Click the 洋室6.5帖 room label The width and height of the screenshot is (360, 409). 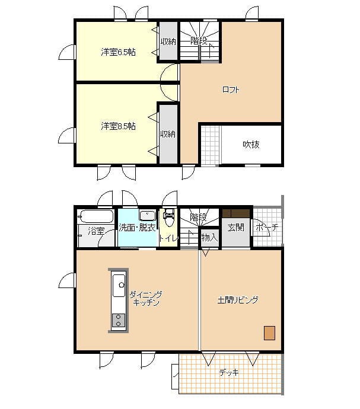[x=118, y=52]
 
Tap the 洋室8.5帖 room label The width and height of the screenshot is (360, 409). [x=118, y=126]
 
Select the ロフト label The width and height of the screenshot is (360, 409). [x=231, y=90]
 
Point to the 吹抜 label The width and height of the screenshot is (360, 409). [x=251, y=144]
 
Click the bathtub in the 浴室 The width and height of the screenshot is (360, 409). [x=97, y=216]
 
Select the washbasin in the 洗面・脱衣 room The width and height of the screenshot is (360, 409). [x=148, y=215]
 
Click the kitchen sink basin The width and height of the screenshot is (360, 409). [x=119, y=285]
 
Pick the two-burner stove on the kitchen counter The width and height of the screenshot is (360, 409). [x=119, y=321]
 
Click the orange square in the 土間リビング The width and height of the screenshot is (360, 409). [x=269, y=333]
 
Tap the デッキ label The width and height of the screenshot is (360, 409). [x=229, y=372]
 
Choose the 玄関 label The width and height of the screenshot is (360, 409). [x=235, y=228]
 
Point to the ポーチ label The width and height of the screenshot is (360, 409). [x=267, y=227]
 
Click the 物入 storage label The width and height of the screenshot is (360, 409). [x=209, y=238]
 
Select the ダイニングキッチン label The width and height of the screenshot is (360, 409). [x=146, y=299]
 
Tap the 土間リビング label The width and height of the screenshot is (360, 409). [x=238, y=300]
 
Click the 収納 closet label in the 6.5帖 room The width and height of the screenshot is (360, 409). [x=168, y=41]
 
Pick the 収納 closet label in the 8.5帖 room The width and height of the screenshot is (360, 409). [x=168, y=134]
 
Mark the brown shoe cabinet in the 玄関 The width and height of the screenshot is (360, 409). [x=236, y=213]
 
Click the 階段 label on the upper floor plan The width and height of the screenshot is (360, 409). [x=199, y=41]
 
